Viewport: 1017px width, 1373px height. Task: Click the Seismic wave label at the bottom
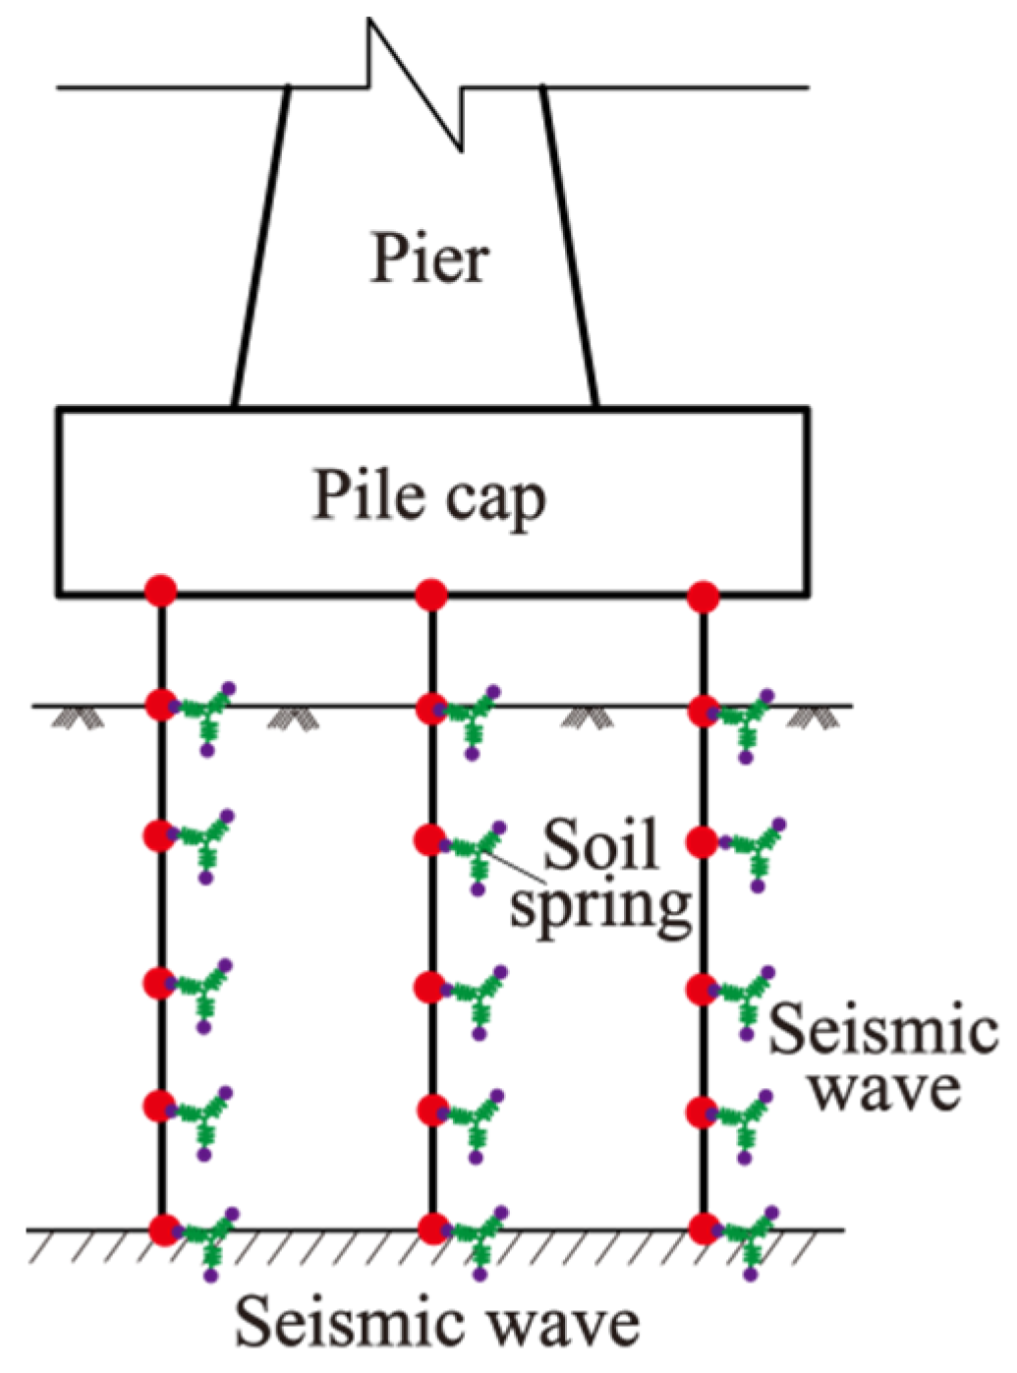pos(437,1323)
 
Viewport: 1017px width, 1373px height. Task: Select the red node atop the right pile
pos(703,596)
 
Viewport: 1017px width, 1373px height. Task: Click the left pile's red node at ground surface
pos(160,705)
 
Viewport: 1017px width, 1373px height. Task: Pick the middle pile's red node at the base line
pos(432,1229)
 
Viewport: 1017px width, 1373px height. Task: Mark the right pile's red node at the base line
pos(704,1229)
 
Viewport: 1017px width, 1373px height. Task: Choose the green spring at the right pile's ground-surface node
pos(747,721)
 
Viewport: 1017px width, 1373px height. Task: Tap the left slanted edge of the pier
pos(260,246)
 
